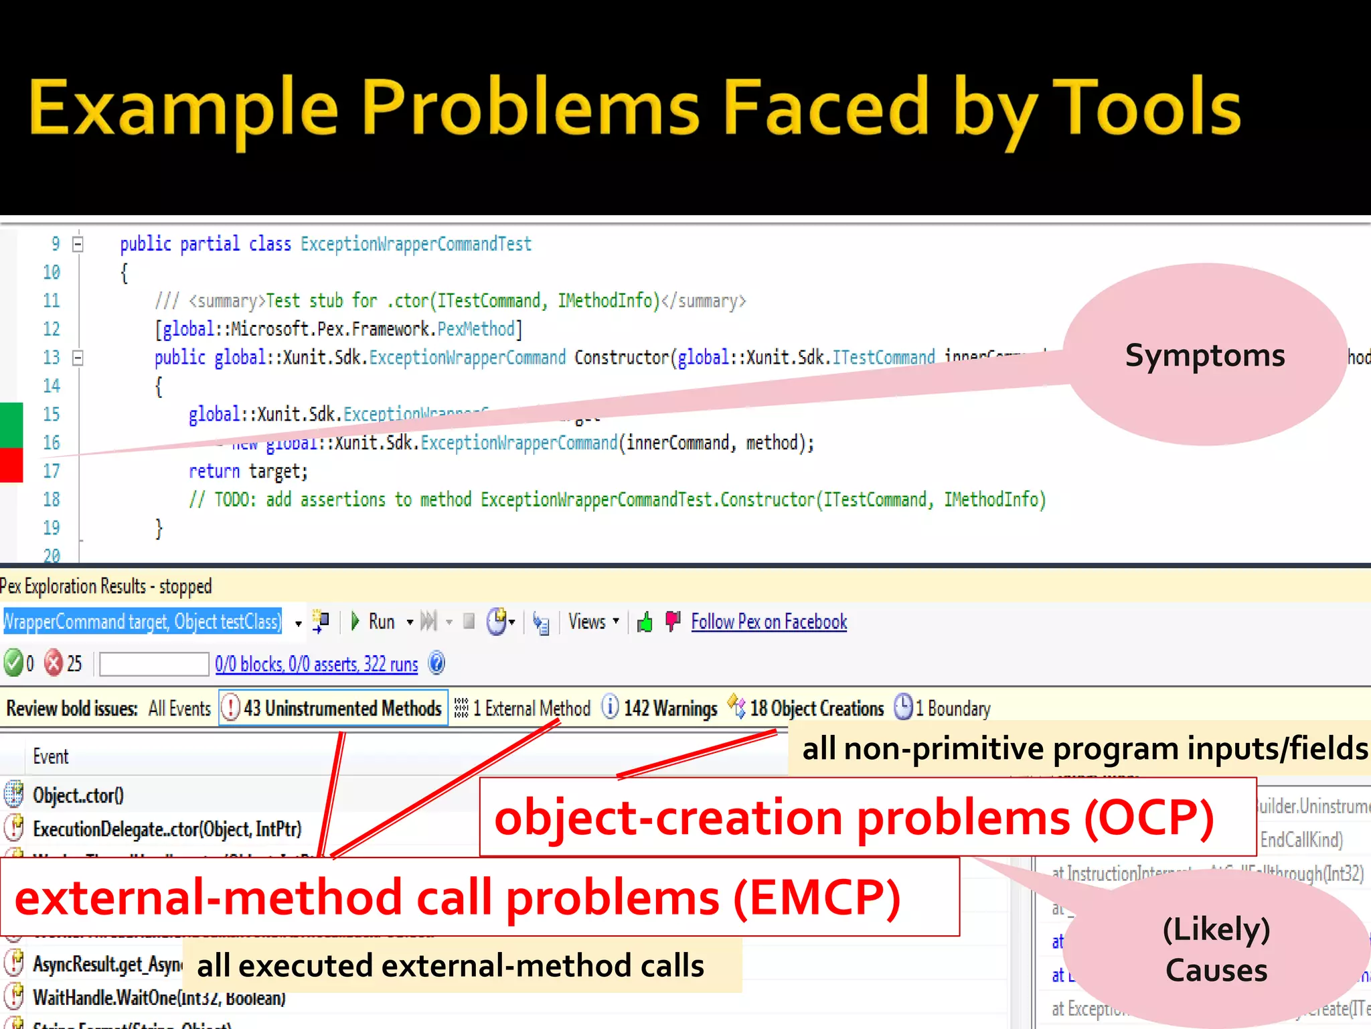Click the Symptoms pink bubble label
[x=1204, y=355]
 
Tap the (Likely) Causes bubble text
[x=1216, y=949]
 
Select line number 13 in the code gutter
[x=52, y=357]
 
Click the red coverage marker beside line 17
[x=11, y=465]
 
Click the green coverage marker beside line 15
[x=11, y=424]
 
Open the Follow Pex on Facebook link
[x=769, y=622]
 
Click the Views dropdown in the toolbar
[x=592, y=622]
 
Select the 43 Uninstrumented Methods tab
[x=333, y=708]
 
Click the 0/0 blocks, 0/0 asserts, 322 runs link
[x=316, y=664]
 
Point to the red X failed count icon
[x=54, y=663]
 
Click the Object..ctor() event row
[x=78, y=795]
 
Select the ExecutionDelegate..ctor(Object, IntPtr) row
[x=167, y=829]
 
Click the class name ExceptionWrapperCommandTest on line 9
[x=415, y=244]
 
